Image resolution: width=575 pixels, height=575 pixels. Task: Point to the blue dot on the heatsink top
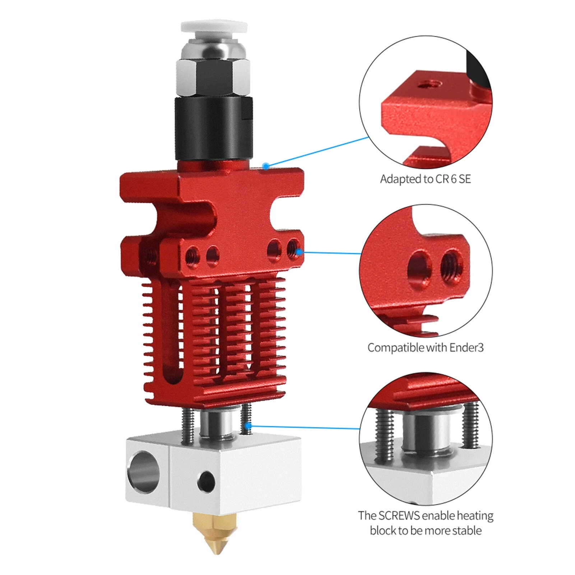[266, 166]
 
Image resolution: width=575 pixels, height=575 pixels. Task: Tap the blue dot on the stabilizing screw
[248, 426]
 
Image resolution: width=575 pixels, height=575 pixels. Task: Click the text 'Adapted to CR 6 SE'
[425, 179]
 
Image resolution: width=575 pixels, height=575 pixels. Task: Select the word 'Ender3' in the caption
[466, 348]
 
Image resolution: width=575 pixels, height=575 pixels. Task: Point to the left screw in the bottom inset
[384, 435]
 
